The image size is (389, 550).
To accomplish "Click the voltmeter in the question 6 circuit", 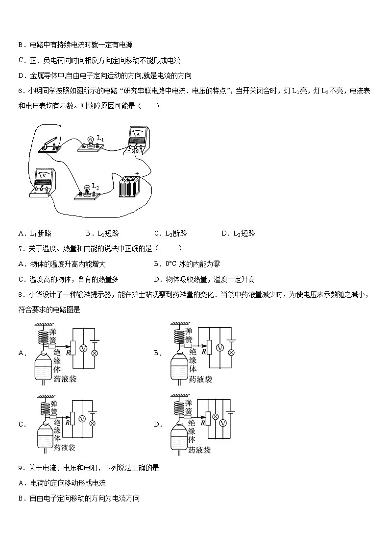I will pyautogui.click(x=44, y=182).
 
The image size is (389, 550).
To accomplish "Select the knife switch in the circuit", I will pyautogui.click(x=49, y=145).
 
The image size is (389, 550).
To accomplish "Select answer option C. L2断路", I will pyautogui.click(x=170, y=233).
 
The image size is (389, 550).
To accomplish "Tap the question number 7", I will pyautogui.click(x=20, y=249).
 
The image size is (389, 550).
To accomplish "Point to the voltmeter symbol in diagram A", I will pyautogui.click(x=83, y=348).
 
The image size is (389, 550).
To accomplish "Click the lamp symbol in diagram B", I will pyautogui.click(x=231, y=352).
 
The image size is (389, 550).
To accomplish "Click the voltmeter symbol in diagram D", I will pyautogui.click(x=223, y=423).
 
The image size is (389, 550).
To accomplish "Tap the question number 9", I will pyautogui.click(x=20, y=468).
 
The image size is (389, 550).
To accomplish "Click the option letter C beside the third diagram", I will pyautogui.click(x=21, y=425).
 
